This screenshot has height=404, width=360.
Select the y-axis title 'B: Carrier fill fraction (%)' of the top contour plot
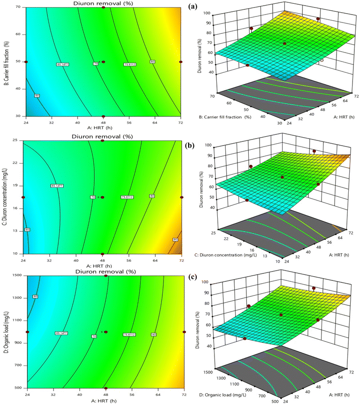pyautogui.click(x=7, y=62)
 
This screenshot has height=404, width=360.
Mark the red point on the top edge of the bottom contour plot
pyautogui.click(x=106, y=276)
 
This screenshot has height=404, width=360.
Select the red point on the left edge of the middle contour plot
pyautogui.click(x=23, y=198)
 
